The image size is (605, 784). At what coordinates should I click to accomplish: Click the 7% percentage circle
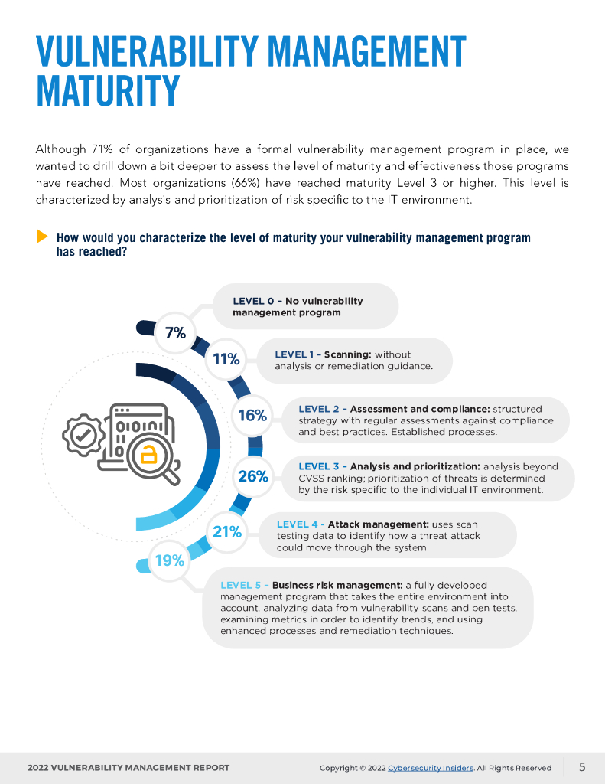point(175,333)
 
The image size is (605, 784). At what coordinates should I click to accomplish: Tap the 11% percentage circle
point(226,359)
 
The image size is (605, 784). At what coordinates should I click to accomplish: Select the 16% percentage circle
point(252,416)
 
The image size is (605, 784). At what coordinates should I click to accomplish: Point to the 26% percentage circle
point(253,476)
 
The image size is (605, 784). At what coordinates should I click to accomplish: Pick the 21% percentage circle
point(227,531)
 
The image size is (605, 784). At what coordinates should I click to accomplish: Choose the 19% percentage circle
point(170,560)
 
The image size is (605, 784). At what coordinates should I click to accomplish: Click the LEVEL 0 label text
point(252,301)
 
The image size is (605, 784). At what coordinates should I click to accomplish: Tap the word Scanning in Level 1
point(347,354)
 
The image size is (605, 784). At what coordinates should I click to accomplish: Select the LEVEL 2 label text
point(319,409)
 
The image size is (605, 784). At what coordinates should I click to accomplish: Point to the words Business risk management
point(337,586)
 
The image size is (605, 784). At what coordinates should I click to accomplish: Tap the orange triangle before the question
point(42,237)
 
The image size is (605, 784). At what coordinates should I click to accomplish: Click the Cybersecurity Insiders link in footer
point(431,768)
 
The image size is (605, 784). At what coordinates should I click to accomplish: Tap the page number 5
point(582,766)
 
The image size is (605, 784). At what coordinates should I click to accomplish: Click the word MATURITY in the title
point(108,92)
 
